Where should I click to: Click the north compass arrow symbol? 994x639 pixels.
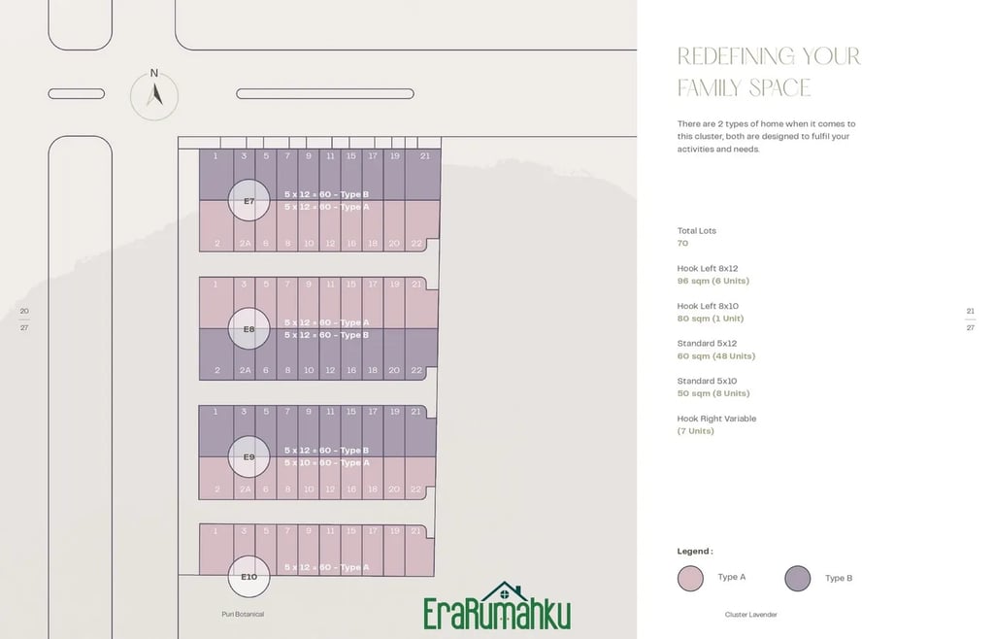154,94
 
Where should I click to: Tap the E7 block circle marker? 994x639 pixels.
248,201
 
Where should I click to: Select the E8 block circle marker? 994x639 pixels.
248,328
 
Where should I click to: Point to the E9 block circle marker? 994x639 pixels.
248,456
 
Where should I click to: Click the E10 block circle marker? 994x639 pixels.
248,576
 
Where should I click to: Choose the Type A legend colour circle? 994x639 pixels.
690,579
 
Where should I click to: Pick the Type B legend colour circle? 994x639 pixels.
798,579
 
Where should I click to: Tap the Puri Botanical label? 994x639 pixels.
243,614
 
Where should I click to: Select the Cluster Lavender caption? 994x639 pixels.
751,615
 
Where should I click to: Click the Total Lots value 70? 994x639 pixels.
682,244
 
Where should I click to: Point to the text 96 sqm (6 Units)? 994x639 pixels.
712,281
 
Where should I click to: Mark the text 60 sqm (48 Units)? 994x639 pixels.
715,356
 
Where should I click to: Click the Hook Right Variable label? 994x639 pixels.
716,419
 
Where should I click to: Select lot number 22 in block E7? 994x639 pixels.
415,244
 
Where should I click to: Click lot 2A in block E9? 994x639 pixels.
246,489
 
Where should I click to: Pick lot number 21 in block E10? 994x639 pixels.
415,531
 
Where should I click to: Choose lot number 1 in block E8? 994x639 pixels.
215,284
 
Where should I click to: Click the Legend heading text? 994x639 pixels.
695,552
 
